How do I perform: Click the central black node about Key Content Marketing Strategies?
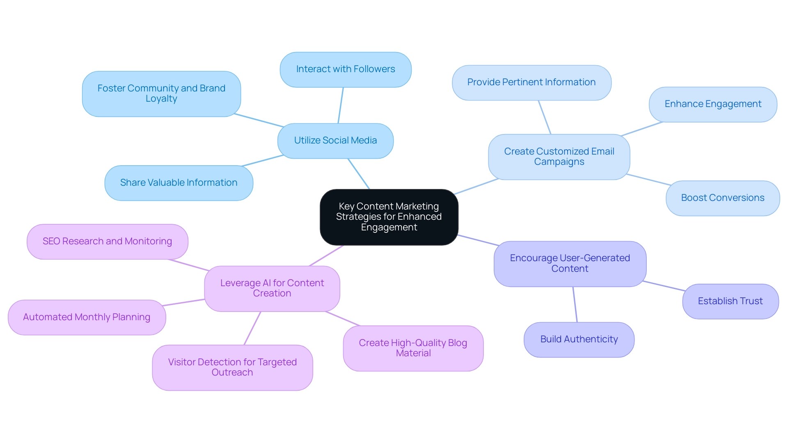389,217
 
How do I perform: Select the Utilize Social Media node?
335,141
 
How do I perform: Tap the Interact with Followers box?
346,69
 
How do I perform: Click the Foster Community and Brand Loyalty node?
161,93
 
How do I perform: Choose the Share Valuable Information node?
179,183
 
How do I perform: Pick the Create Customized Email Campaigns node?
559,157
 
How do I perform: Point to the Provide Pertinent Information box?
531,82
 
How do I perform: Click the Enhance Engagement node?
713,104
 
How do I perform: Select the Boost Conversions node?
723,198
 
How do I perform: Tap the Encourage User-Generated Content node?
570,264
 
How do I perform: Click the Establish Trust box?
730,301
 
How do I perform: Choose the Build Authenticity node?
579,339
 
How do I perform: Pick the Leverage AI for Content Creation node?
272,288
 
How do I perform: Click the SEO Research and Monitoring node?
107,241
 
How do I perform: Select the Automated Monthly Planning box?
87,317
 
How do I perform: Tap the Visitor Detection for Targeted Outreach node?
232,367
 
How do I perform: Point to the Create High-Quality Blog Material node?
413,348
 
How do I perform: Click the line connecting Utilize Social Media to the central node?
359,174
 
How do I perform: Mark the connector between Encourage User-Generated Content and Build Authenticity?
575,304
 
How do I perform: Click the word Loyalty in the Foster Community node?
161,99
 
